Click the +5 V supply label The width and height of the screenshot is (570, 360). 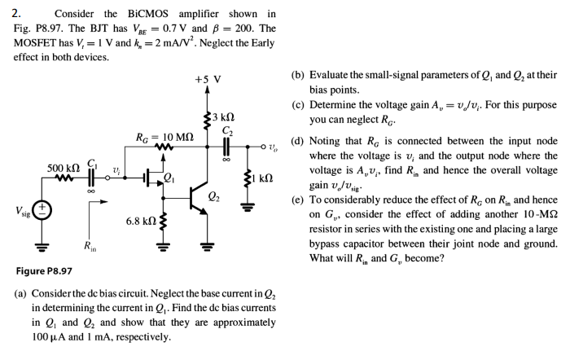[x=208, y=80]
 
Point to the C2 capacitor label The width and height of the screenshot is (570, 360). [x=230, y=133]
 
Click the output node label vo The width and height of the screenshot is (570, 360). [x=278, y=147]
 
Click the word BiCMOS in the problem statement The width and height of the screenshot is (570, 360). [x=125, y=14]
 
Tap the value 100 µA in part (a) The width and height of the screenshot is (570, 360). [x=47, y=336]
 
